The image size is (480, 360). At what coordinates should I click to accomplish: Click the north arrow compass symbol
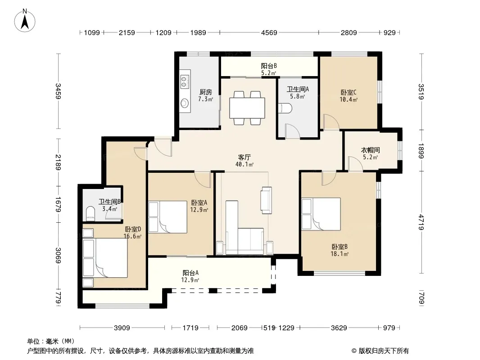tap(25, 21)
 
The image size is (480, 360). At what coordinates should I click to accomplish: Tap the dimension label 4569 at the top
tap(269, 32)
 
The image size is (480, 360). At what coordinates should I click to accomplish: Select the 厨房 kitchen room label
tap(205, 92)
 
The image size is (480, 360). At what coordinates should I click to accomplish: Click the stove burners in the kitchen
tap(184, 80)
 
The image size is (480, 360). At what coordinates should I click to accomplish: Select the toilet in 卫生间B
tap(91, 213)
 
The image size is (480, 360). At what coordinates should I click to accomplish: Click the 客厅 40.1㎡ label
tap(245, 161)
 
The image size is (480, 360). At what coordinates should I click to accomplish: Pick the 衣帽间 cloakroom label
tap(371, 150)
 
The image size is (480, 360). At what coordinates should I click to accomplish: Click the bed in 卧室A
tap(168, 217)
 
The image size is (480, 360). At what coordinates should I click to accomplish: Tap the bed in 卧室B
tap(321, 214)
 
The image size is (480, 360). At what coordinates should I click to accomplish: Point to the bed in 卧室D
tap(105, 258)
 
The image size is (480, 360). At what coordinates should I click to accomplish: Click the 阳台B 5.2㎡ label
tap(269, 69)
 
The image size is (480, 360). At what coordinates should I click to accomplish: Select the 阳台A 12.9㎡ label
tap(190, 276)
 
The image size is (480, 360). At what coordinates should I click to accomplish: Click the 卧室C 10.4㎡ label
tap(349, 96)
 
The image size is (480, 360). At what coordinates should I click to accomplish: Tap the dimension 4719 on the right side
tap(421, 222)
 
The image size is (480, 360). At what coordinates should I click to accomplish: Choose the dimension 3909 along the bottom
tap(122, 328)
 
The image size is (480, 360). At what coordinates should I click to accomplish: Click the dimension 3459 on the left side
tap(58, 91)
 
